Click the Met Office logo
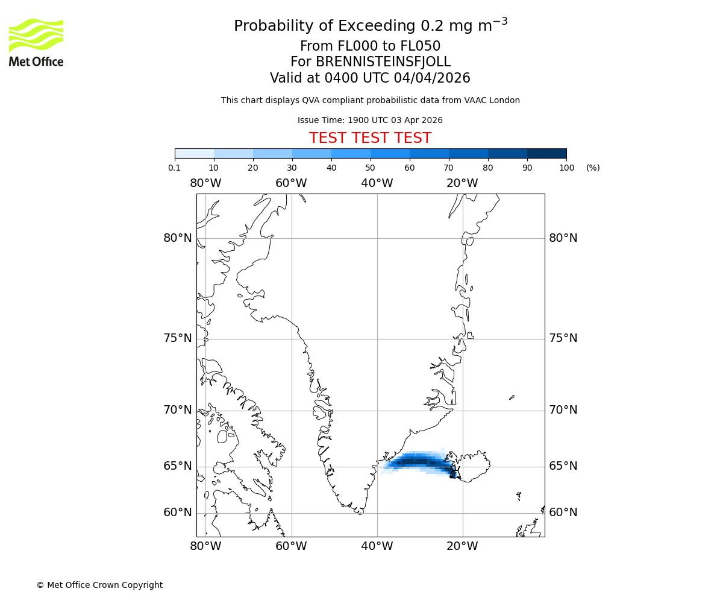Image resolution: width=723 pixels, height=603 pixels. click(x=36, y=42)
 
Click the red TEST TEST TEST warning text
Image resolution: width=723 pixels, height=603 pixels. click(x=370, y=138)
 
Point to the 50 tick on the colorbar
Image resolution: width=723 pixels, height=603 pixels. click(x=371, y=168)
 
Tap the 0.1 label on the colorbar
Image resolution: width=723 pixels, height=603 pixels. click(x=174, y=168)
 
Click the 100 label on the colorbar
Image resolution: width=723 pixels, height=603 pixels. click(x=566, y=168)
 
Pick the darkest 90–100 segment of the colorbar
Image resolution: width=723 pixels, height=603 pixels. click(x=546, y=153)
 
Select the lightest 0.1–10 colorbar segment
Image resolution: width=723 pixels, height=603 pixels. click(x=194, y=153)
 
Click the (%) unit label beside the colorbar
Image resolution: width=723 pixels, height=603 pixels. click(x=593, y=168)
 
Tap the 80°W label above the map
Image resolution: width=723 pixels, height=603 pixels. click(x=205, y=183)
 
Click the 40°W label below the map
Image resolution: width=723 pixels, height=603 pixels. click(x=377, y=546)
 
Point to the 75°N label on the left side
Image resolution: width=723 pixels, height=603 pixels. click(x=178, y=338)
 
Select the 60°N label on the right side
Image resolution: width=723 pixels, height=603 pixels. click(x=563, y=513)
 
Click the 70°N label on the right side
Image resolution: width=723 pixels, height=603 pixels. click(x=563, y=410)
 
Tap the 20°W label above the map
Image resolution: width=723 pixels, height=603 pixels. click(x=462, y=183)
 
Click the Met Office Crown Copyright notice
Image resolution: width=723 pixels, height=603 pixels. click(x=99, y=585)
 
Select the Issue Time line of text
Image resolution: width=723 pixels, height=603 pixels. click(x=370, y=120)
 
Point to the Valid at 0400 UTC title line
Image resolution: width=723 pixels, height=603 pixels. click(x=370, y=78)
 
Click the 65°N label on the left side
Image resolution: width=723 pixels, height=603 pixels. click(x=178, y=466)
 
